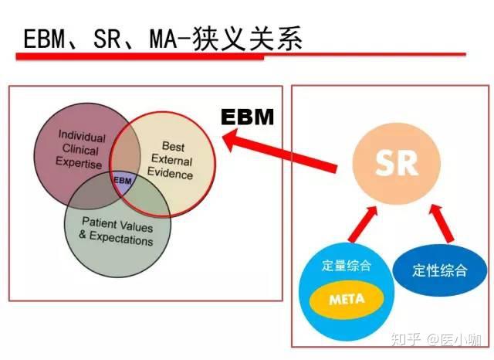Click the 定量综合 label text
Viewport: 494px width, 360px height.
pos(347,266)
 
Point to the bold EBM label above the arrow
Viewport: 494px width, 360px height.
pos(248,117)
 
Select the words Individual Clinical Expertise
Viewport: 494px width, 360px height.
pos(82,148)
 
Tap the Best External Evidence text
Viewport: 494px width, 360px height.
pos(172,160)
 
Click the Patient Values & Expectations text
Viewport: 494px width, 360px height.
pos(117,233)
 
